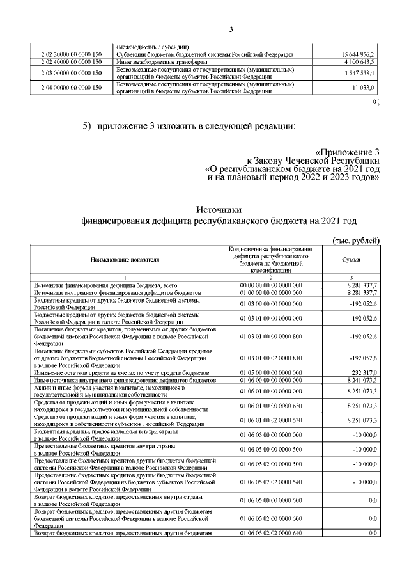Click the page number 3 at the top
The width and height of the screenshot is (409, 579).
point(232,29)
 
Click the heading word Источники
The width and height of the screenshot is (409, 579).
point(218,209)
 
